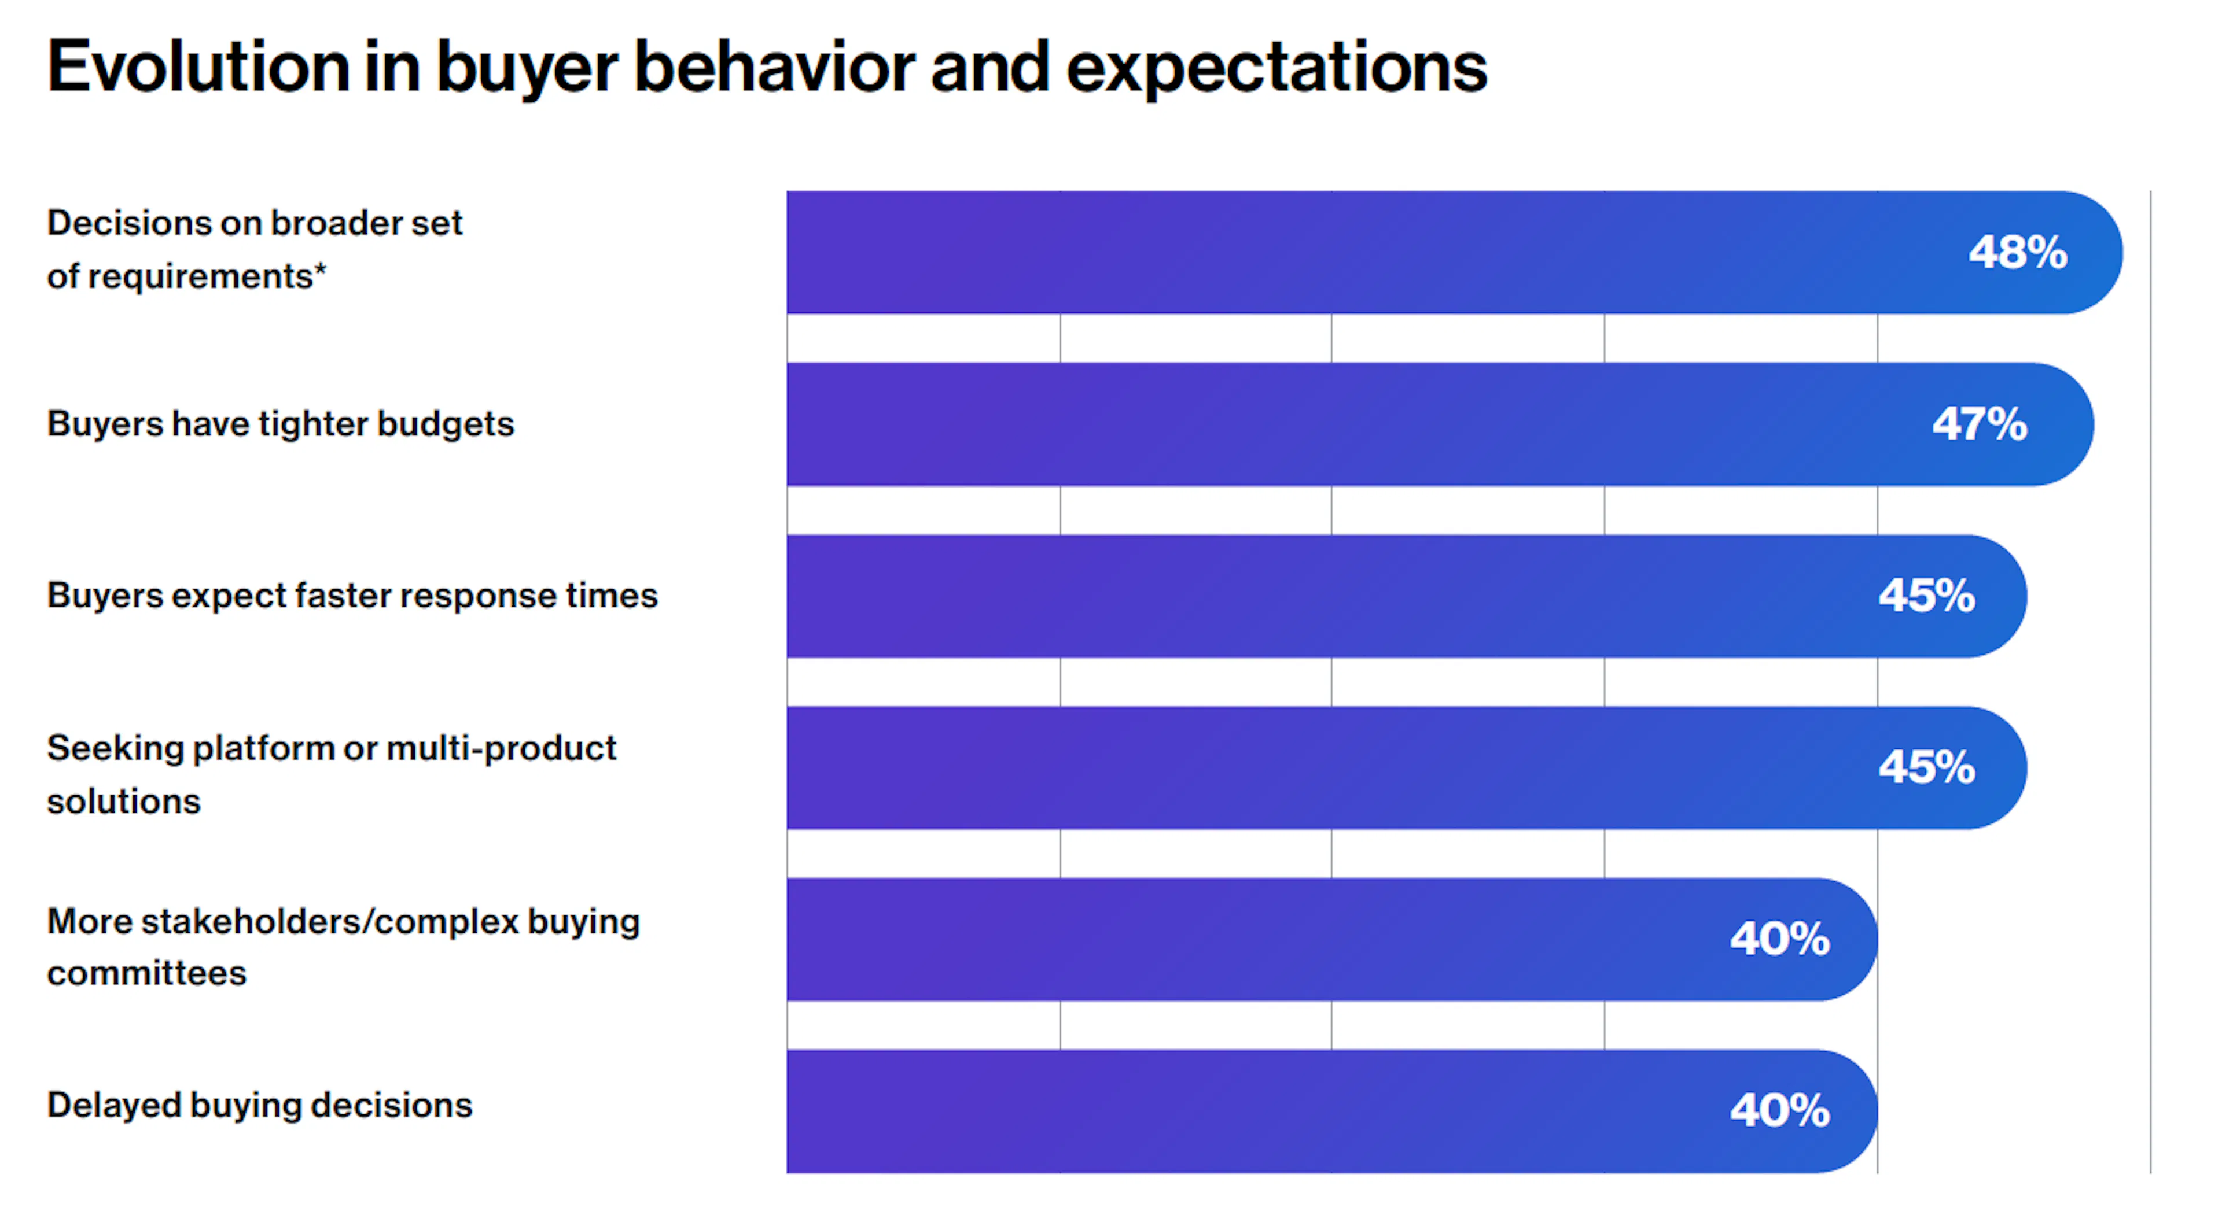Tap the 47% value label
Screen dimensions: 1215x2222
coord(1979,424)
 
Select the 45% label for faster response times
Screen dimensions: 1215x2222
coord(1926,596)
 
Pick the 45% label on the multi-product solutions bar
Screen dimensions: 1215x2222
coord(1926,767)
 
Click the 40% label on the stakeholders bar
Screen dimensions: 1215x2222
coord(1779,939)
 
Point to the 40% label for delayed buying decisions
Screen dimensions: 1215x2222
coord(1779,1111)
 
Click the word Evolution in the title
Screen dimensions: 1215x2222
coord(197,67)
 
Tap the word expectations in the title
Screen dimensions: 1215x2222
coord(1276,67)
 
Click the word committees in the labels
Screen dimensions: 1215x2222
coord(146,973)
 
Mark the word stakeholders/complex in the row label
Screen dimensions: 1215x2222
coord(329,922)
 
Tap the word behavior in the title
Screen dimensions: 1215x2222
coord(774,67)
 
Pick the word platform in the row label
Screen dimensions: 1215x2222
coord(263,748)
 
